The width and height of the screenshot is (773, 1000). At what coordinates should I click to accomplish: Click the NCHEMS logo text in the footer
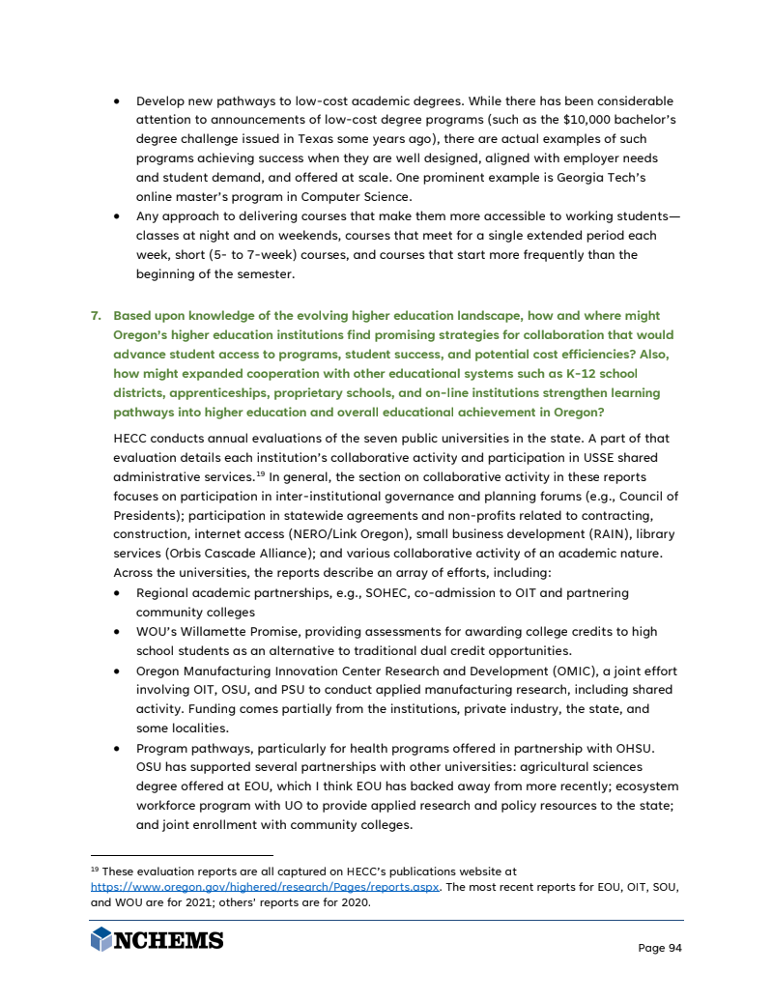(169, 940)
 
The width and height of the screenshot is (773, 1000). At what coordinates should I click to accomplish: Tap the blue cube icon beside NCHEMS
(100, 939)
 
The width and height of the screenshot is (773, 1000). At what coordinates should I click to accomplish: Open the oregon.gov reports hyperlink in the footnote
(265, 887)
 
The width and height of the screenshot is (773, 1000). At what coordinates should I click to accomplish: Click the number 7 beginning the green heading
(96, 316)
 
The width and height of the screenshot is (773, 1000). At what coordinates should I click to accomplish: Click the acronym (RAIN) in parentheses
(561, 534)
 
